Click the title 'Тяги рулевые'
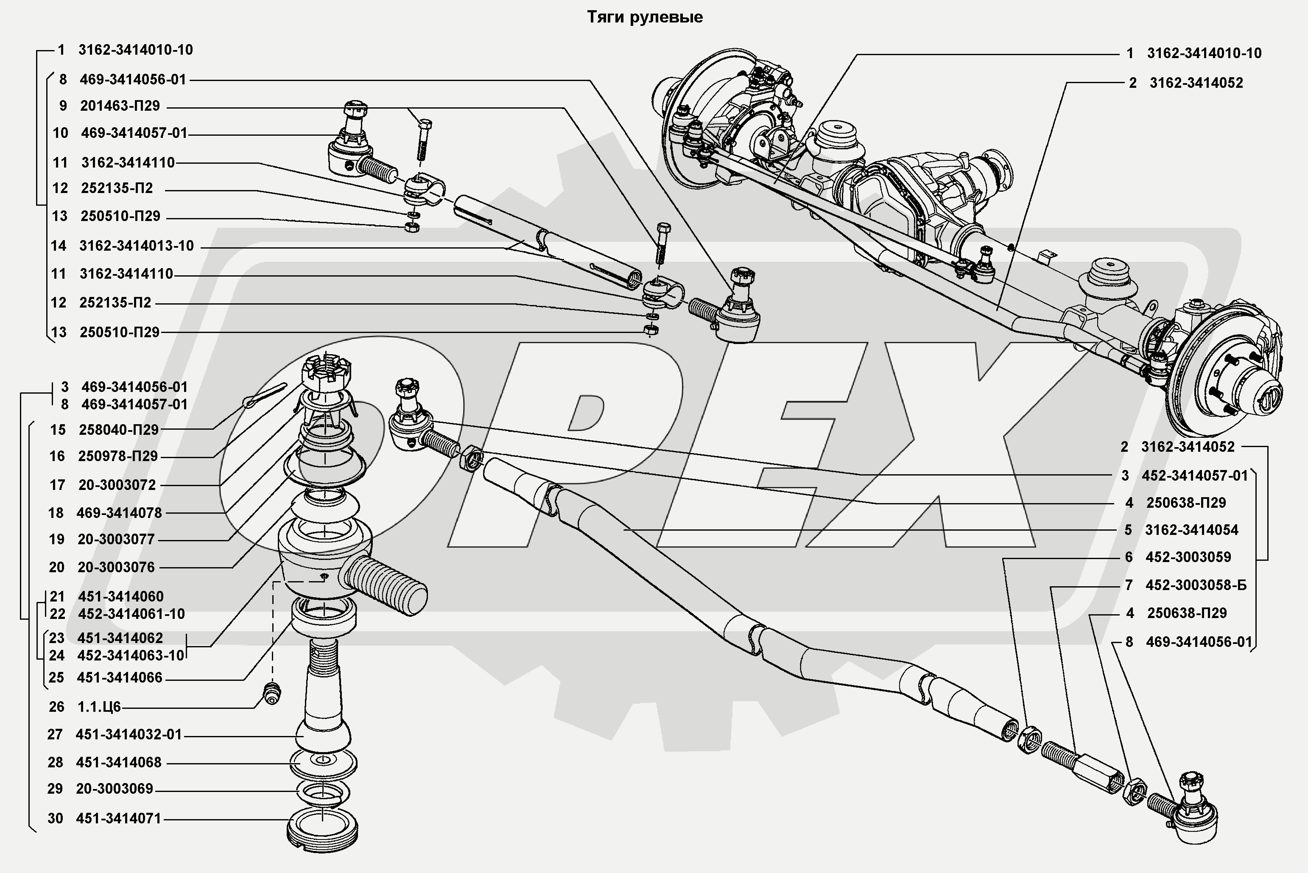(x=645, y=17)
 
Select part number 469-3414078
(x=119, y=513)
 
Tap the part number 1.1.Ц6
(x=99, y=707)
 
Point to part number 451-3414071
(x=119, y=818)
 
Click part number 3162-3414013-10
(x=137, y=246)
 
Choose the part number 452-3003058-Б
(x=1196, y=585)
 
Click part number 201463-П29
(x=120, y=106)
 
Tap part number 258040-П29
(x=119, y=429)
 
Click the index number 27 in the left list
(x=55, y=734)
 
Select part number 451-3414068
(x=119, y=762)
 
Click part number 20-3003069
(x=115, y=789)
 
